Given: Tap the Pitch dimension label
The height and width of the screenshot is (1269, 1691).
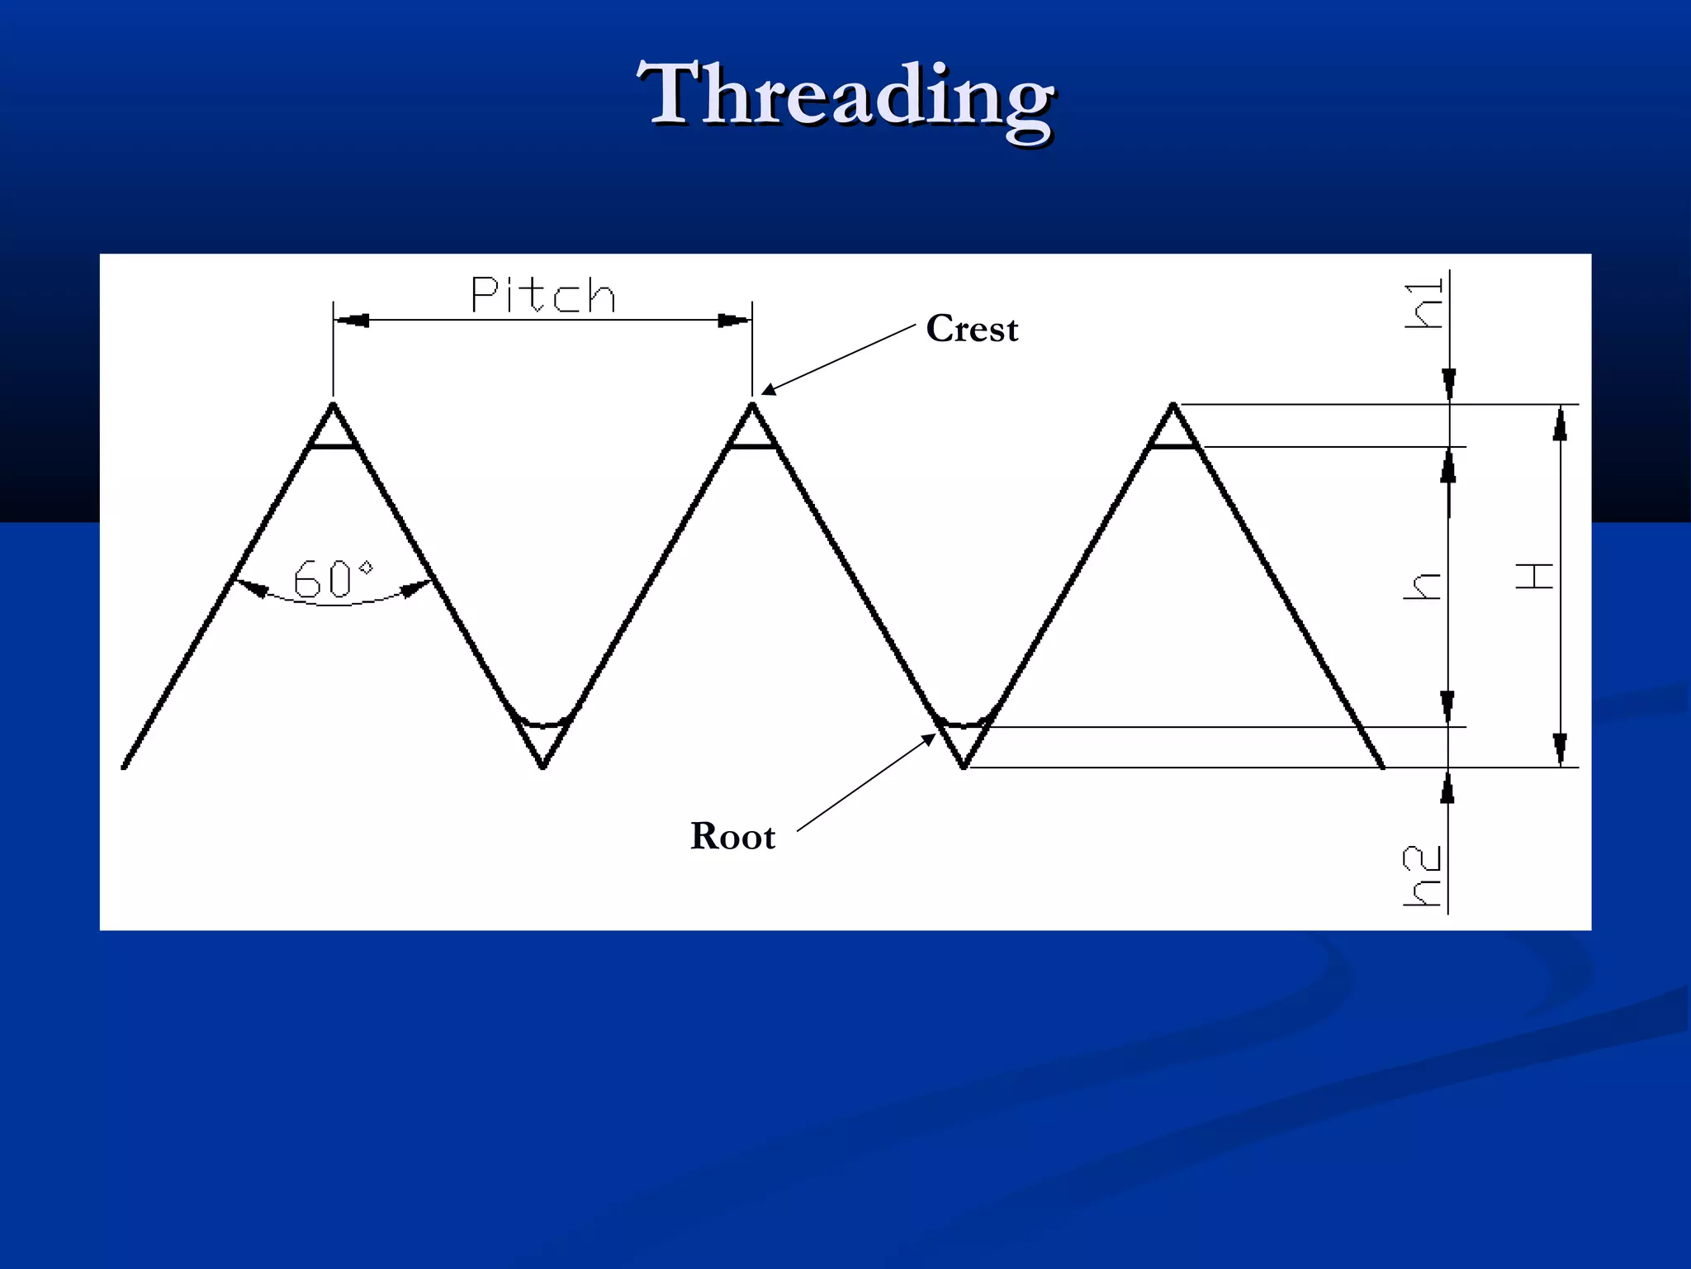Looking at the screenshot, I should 542,295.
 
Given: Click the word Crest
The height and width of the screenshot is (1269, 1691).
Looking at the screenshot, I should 972,329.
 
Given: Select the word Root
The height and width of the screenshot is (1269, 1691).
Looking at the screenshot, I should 732,836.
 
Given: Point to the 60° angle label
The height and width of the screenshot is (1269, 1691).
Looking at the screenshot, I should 334,578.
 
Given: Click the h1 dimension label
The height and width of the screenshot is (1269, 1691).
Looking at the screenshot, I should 1424,304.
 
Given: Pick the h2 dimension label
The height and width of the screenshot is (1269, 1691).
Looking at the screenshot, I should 1422,876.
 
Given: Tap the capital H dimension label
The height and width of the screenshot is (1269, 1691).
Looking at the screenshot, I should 1535,576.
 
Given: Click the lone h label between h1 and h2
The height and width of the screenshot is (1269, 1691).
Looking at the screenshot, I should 1423,586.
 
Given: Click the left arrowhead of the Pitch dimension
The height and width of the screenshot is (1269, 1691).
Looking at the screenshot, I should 352,321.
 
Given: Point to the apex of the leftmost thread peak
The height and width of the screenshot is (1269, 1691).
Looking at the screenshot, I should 333,405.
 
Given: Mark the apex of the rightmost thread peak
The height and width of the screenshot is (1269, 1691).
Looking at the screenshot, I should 1172,405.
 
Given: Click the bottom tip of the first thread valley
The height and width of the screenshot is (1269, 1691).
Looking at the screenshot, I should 542,767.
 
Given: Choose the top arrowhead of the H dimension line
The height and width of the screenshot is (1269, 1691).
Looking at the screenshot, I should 1560,424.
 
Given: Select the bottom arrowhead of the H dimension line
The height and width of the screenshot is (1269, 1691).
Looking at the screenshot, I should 1560,749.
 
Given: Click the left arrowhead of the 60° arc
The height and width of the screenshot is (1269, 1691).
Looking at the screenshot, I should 251,587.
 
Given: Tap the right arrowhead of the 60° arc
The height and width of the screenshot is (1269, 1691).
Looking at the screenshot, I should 416,588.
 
